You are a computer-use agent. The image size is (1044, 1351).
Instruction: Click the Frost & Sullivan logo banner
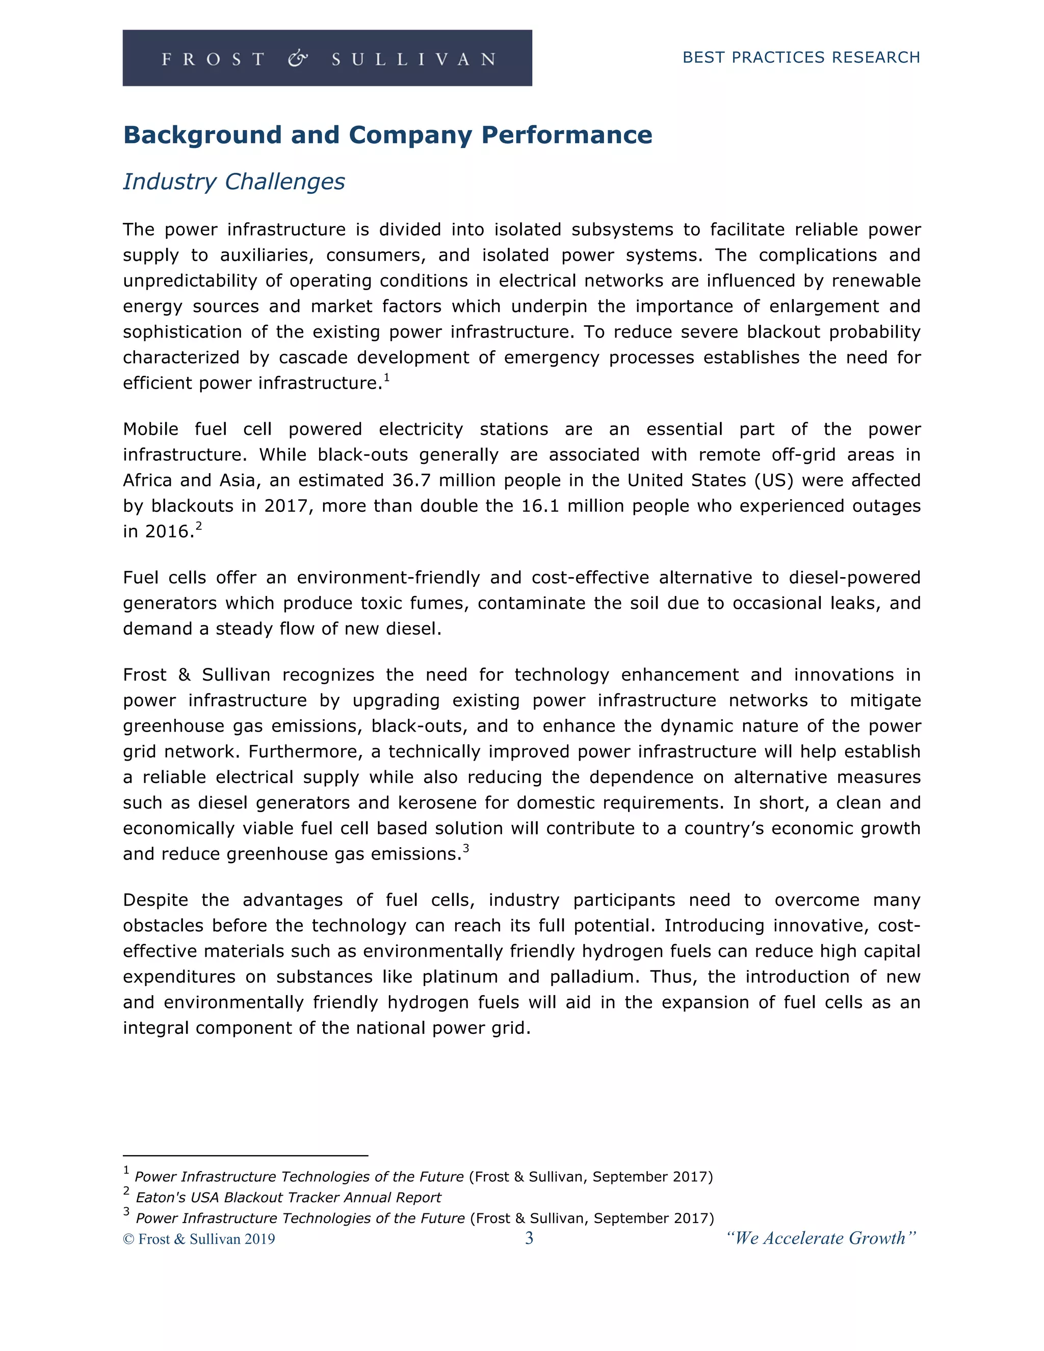[x=327, y=58]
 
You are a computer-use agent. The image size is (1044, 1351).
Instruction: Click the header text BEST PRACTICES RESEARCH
[x=801, y=58]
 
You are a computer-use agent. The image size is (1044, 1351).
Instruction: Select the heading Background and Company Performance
[x=388, y=135]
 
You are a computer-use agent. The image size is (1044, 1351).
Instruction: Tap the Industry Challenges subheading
[x=234, y=181]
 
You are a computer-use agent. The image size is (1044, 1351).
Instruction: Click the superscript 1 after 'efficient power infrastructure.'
[x=386, y=377]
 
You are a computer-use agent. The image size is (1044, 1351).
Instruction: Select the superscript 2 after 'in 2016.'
[x=198, y=526]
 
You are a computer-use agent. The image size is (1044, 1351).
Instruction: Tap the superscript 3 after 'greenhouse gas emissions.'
[x=466, y=848]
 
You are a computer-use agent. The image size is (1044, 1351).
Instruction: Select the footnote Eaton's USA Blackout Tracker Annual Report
[x=288, y=1198]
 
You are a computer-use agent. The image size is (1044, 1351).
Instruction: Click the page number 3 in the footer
[x=529, y=1238]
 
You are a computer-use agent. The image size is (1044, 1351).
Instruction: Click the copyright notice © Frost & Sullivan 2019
[x=199, y=1239]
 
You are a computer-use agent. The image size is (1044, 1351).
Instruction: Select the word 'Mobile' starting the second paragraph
[x=150, y=429]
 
